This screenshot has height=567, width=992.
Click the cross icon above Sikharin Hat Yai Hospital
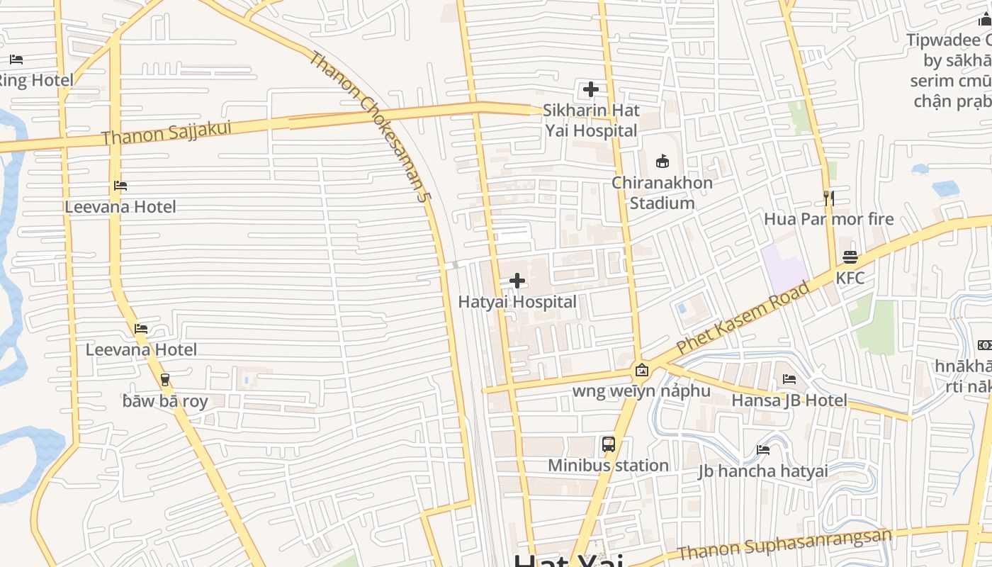(590, 89)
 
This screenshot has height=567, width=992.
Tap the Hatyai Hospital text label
(517, 302)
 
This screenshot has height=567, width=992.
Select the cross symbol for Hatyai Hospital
(517, 281)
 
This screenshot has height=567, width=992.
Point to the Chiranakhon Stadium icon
(663, 162)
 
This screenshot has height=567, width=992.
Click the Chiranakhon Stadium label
(662, 193)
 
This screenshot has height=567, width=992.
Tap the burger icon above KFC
(850, 257)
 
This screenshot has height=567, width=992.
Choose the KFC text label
(850, 278)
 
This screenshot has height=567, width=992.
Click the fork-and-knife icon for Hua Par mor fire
(828, 198)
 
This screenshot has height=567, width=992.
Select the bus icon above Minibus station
(608, 444)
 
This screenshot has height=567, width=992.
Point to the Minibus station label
(608, 466)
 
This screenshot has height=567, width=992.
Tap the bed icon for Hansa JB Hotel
(789, 379)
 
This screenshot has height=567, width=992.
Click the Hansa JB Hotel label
(789, 400)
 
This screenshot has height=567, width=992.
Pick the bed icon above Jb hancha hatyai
(763, 449)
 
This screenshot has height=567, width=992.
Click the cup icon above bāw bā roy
(165, 380)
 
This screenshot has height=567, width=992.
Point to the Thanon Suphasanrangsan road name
(784, 544)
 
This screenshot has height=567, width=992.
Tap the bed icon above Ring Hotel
(16, 60)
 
